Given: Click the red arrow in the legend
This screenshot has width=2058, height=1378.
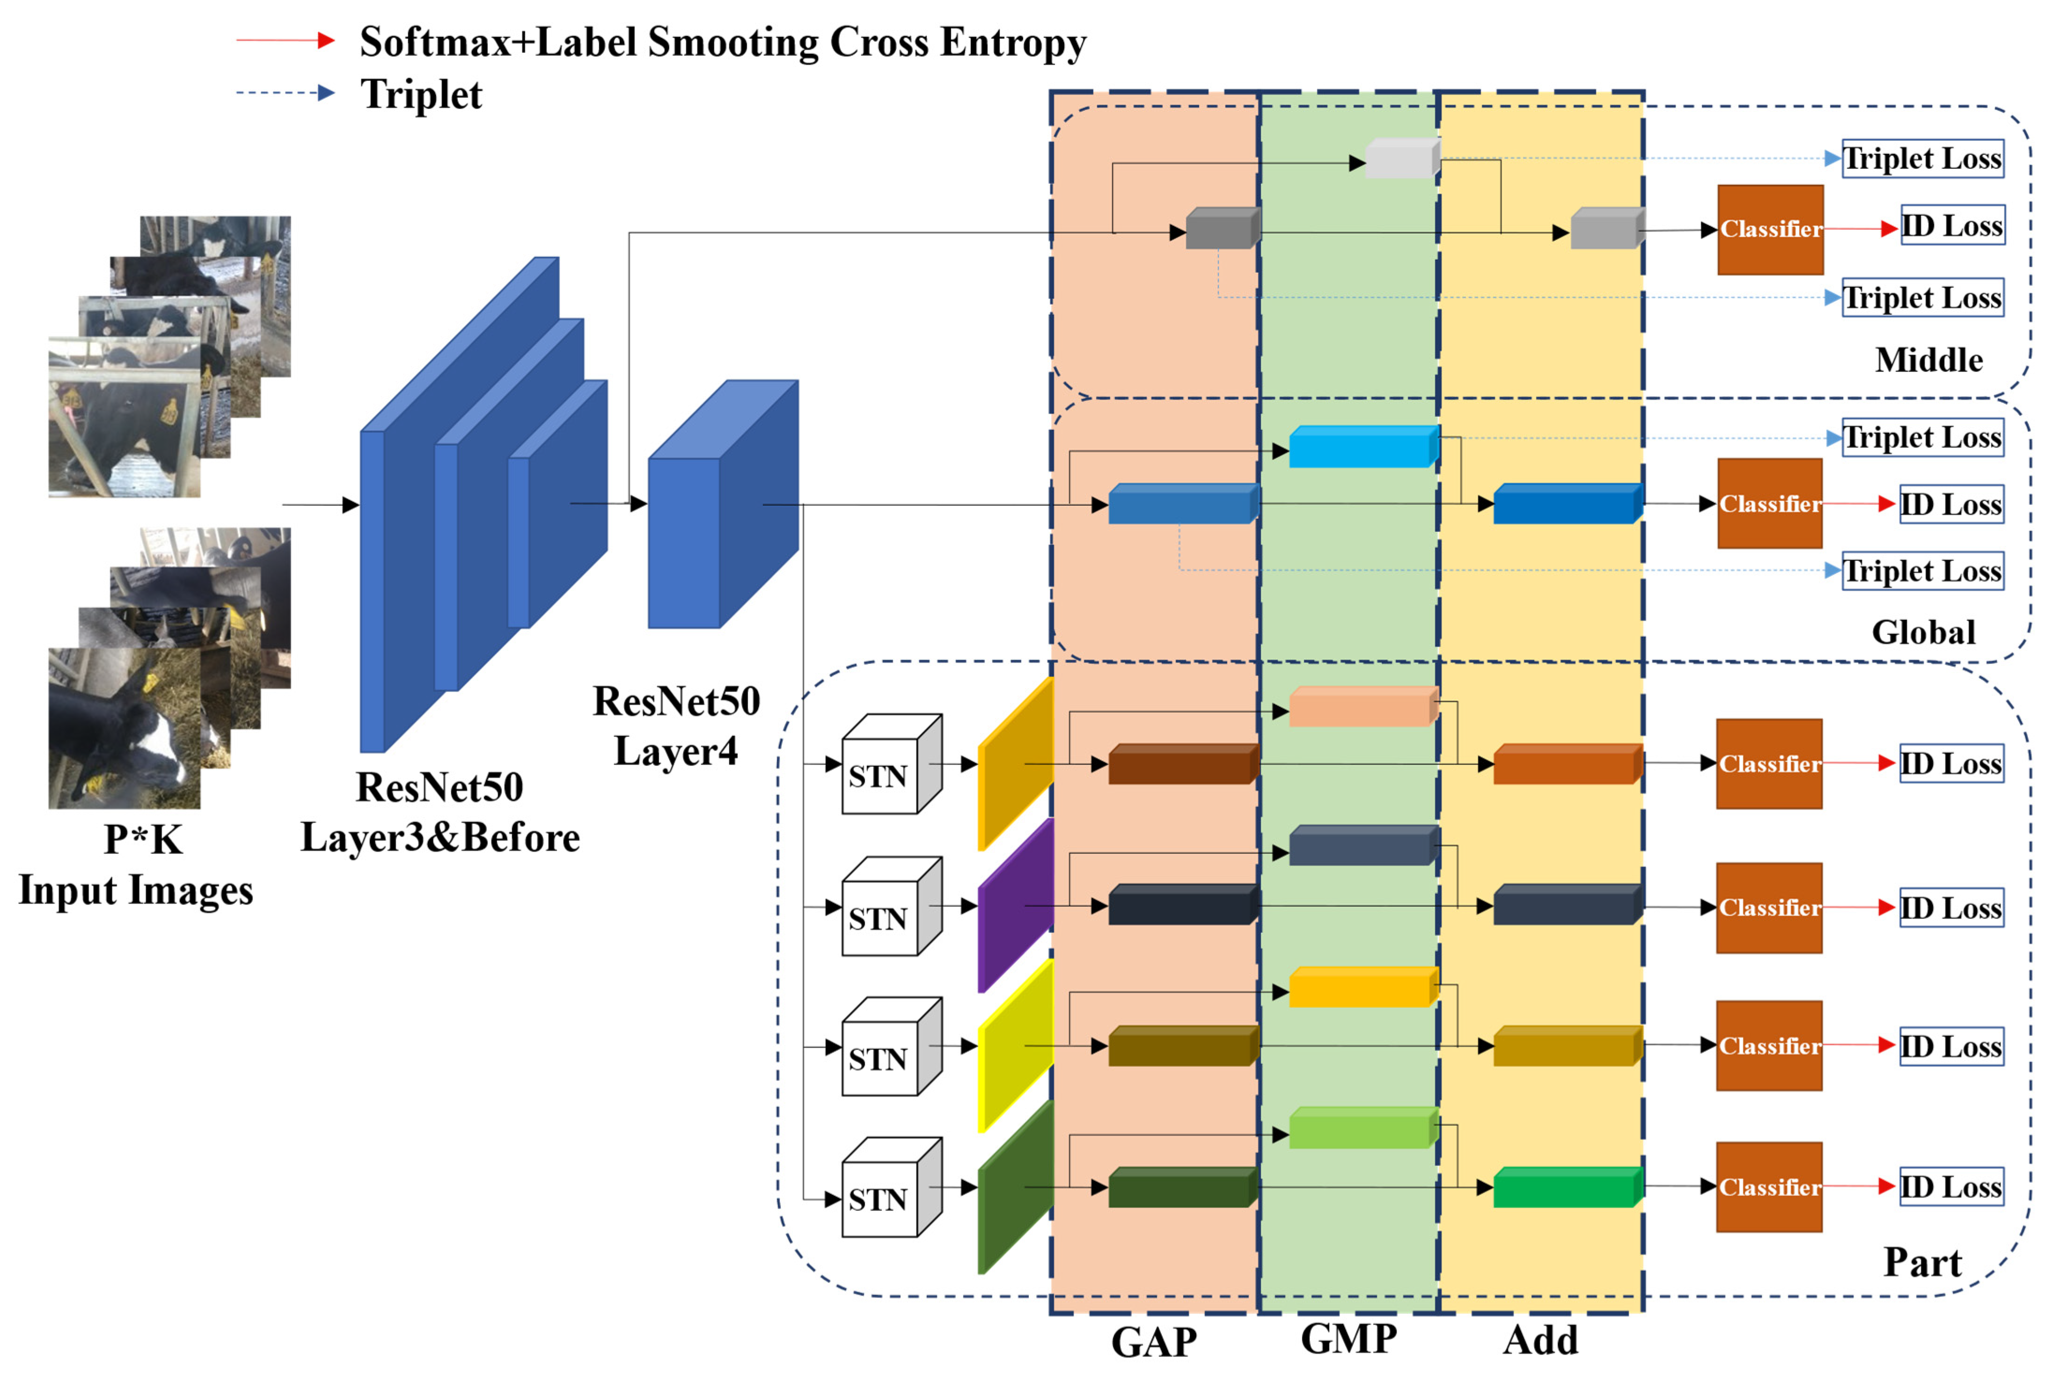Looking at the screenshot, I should [x=285, y=40].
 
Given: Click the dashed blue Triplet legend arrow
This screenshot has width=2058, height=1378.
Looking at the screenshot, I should [x=285, y=92].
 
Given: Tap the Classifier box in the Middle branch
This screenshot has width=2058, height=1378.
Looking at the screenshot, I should [x=1770, y=229].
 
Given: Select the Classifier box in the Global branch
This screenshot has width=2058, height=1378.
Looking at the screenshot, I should [x=1770, y=504].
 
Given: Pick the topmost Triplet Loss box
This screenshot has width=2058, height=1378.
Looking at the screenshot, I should [x=1923, y=159].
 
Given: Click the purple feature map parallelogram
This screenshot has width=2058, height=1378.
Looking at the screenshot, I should [x=1015, y=905].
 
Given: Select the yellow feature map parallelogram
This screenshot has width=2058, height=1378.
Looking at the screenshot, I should [x=1015, y=1046].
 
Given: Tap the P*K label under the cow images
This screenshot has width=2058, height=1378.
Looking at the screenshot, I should [x=143, y=839].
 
